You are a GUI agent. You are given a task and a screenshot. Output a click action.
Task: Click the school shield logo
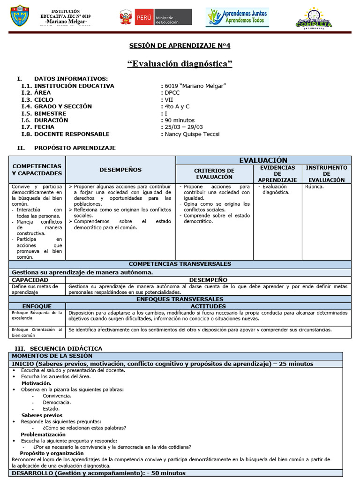pyautogui.click(x=20, y=16)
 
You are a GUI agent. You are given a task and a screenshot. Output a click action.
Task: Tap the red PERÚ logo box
pyautogui.click(x=144, y=17)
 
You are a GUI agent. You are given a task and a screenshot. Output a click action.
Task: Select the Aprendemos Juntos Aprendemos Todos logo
pyautogui.click(x=237, y=17)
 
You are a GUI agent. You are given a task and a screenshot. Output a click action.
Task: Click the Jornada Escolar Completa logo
pyautogui.click(x=314, y=18)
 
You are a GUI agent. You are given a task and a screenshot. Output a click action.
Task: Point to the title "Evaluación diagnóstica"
pyautogui.click(x=180, y=64)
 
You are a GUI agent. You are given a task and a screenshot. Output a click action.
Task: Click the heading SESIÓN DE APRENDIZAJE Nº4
pyautogui.click(x=180, y=45)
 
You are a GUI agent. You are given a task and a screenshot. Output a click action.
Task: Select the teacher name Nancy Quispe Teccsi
pyautogui.click(x=192, y=134)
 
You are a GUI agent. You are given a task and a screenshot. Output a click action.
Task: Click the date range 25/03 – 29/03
pyautogui.click(x=184, y=127)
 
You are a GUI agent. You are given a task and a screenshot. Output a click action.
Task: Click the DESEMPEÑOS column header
pyautogui.click(x=120, y=170)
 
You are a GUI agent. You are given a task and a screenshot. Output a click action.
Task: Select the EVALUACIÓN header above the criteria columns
pyautogui.click(x=263, y=160)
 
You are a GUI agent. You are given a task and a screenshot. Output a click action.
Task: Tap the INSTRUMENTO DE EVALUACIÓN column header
pyautogui.click(x=327, y=173)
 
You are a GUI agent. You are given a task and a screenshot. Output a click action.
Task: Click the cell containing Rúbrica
pyautogui.click(x=314, y=187)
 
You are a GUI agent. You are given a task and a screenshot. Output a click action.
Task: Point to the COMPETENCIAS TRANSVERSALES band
pyautogui.click(x=180, y=264)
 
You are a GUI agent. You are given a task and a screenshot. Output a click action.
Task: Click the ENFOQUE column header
pyautogui.click(x=37, y=306)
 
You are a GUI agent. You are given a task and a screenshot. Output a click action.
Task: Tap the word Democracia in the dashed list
pyautogui.click(x=57, y=402)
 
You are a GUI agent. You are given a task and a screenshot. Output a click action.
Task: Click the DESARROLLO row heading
pyautogui.click(x=98, y=473)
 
